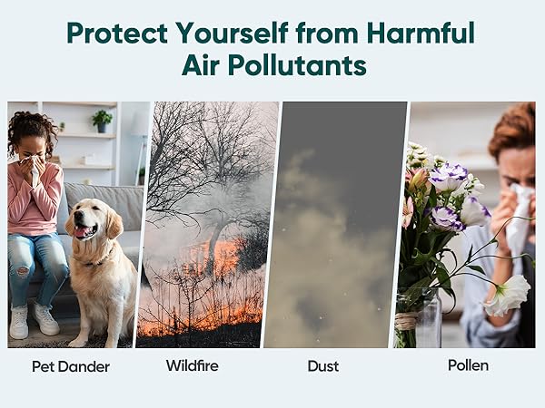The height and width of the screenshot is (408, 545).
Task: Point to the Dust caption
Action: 323,366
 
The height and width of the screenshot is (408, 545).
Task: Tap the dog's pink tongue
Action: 83,232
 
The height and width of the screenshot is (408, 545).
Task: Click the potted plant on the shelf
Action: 103,120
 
